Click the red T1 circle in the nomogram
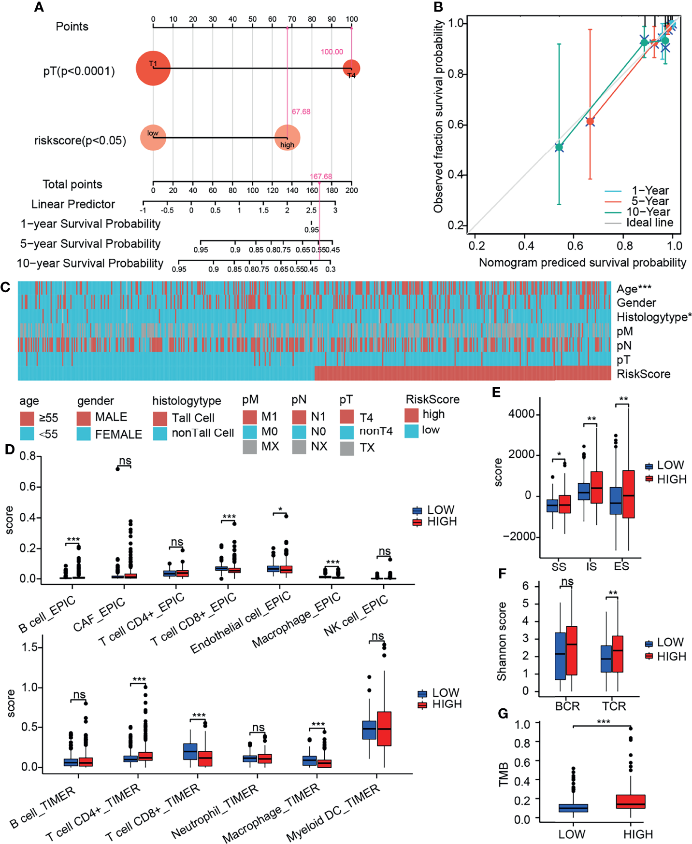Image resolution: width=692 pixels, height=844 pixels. click(153, 68)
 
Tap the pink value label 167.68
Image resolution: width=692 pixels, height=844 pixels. click(321, 176)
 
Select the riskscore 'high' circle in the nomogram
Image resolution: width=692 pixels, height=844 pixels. click(287, 138)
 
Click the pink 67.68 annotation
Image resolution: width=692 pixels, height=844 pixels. click(301, 112)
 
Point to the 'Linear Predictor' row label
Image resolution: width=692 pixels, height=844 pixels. click(73, 204)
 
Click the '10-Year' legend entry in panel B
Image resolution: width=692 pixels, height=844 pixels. click(648, 211)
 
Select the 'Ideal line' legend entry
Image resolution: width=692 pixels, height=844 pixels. click(649, 223)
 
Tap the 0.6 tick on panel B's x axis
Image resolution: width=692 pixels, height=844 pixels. click(575, 246)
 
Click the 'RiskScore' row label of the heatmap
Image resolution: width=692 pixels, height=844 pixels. click(643, 374)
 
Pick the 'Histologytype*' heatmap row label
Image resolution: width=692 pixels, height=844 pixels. click(654, 317)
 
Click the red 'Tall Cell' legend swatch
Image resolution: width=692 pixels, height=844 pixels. click(160, 418)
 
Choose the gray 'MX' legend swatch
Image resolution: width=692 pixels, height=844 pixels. click(250, 447)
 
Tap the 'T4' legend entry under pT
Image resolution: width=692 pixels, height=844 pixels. click(366, 418)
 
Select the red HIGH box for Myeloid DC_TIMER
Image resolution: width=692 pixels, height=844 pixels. click(384, 728)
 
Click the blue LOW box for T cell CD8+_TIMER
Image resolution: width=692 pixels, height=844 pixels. click(190, 751)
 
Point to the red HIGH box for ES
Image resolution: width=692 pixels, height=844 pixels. click(628, 494)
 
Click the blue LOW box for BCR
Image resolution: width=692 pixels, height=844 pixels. click(560, 656)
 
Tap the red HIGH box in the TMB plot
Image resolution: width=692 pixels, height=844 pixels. click(631, 802)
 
